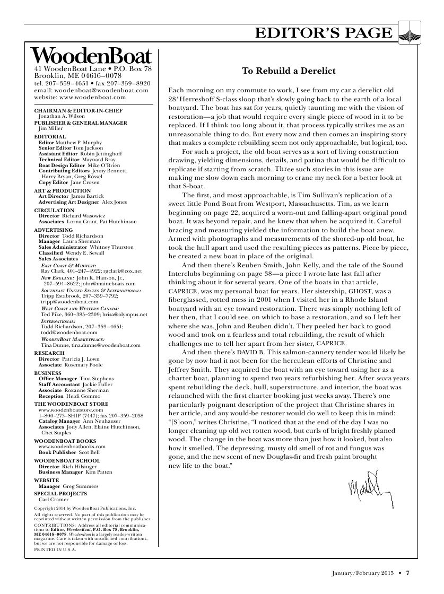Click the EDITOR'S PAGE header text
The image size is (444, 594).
[x=324, y=33]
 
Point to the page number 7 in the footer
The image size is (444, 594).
[x=408, y=572]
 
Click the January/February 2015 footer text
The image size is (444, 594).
[x=361, y=572]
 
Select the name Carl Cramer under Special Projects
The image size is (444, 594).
[x=54, y=499]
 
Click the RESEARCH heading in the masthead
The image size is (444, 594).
[x=49, y=353]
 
